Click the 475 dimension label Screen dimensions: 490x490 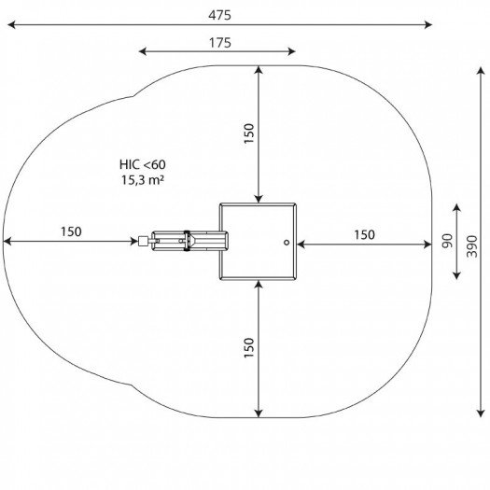pyautogui.click(x=220, y=15)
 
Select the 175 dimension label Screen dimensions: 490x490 pyautogui.click(x=220, y=43)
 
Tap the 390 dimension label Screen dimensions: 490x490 pyautogui.click(x=472, y=246)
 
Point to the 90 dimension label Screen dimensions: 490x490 pyautogui.click(x=447, y=241)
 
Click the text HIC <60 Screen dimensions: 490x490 pyautogui.click(x=143, y=164)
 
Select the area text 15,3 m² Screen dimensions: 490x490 pyautogui.click(x=143, y=180)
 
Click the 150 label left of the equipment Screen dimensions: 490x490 pyautogui.click(x=71, y=231)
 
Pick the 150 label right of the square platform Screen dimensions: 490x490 pyautogui.click(x=364, y=234)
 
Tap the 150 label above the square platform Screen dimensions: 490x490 pyautogui.click(x=249, y=133)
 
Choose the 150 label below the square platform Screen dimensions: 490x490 pyautogui.click(x=249, y=347)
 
